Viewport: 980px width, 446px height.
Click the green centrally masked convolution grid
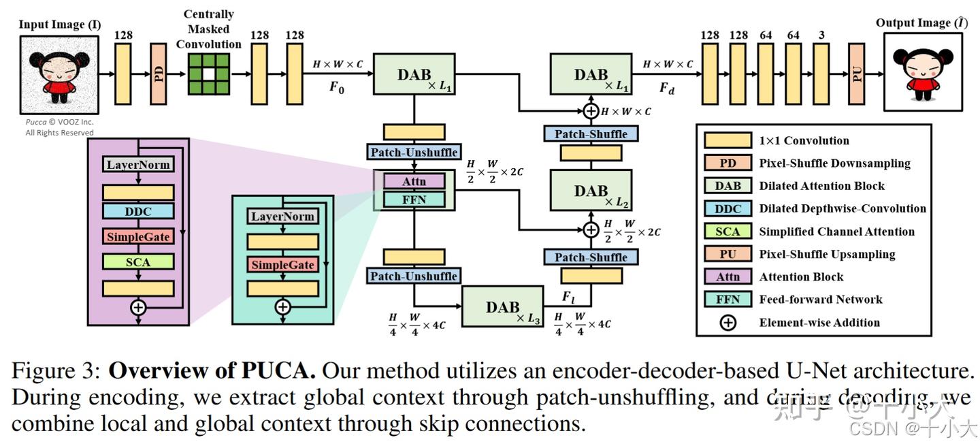[x=210, y=74]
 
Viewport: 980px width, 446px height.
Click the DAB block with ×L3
[x=503, y=307]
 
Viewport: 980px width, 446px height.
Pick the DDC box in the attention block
[x=138, y=211]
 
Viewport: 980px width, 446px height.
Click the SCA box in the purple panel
[x=138, y=261]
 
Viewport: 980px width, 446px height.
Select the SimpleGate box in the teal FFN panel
[x=282, y=265]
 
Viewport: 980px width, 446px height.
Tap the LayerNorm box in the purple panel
[x=138, y=165]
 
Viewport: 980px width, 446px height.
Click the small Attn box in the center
[x=414, y=181]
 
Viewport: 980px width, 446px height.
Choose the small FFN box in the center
[x=414, y=199]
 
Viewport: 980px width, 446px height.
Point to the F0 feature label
[x=337, y=88]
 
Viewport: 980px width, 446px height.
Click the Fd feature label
[x=667, y=88]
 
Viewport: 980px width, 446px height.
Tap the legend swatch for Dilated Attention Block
[x=728, y=186]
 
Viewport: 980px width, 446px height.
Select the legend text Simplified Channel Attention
[x=836, y=232]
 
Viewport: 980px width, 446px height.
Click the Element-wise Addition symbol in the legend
[x=728, y=323]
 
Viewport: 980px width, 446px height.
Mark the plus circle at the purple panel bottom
[x=138, y=308]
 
